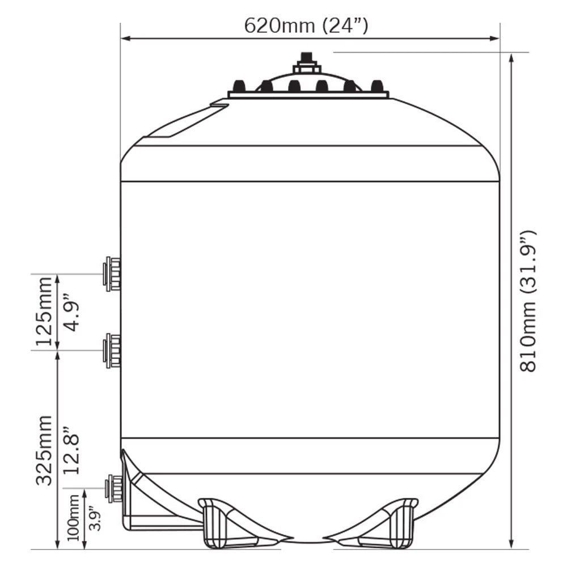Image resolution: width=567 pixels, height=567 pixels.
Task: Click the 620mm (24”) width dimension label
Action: [306, 26]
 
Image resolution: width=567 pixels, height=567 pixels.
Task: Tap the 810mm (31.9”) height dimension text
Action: [528, 301]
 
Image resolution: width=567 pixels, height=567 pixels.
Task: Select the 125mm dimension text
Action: [44, 311]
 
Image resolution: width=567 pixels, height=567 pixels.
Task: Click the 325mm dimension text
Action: [44, 450]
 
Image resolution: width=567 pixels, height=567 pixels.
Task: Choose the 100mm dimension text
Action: [73, 518]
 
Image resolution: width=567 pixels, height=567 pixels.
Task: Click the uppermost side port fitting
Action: [112, 274]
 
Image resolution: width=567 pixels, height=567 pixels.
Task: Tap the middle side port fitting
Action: [112, 351]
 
